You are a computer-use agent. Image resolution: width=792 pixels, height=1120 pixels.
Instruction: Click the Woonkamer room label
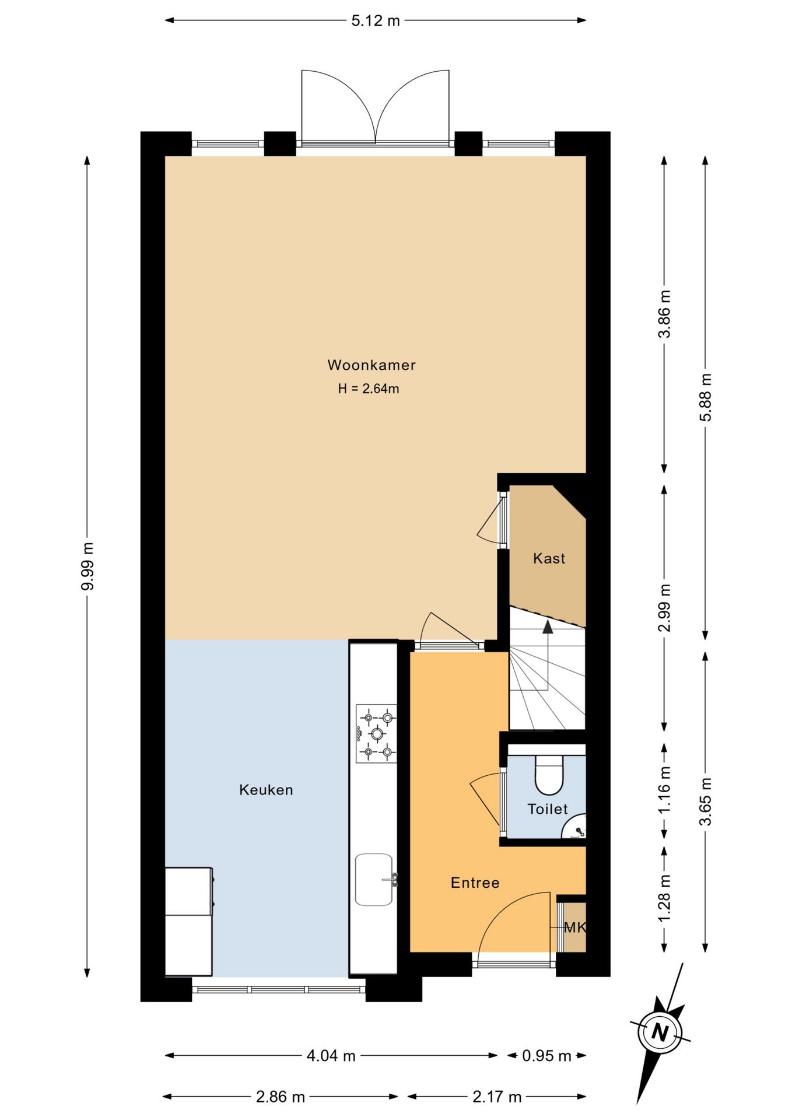pos(372,365)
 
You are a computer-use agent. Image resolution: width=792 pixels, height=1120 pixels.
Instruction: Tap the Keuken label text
pos(266,790)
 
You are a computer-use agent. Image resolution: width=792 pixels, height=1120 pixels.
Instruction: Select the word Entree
pos(475,883)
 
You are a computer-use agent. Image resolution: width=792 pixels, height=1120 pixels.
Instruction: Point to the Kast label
pos(549,558)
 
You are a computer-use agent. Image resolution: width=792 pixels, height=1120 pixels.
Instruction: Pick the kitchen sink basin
pos(374,880)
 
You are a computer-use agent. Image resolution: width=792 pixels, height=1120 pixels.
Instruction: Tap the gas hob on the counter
pos(377,733)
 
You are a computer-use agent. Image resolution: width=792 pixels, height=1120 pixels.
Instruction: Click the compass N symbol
pos(660,1032)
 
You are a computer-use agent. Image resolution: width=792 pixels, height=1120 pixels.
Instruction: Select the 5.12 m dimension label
pos(376,21)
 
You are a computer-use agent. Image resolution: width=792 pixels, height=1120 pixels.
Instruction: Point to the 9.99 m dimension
pos(87,566)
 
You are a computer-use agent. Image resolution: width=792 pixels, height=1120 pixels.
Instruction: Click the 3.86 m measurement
pos(664,314)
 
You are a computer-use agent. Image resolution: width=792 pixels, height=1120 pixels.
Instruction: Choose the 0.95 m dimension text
pos(546,1056)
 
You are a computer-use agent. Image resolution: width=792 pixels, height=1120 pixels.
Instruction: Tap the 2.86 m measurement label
pos(281,1097)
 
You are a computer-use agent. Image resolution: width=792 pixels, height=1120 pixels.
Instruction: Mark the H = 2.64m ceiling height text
pos(369,388)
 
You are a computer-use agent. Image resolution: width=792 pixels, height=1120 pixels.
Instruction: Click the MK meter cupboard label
pos(575,928)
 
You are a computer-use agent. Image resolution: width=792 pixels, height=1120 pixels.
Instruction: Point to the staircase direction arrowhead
pos(548,626)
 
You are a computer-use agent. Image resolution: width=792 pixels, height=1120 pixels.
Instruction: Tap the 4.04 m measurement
pos(331,1056)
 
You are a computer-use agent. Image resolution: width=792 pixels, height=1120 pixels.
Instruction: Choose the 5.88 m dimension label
pos(706,397)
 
